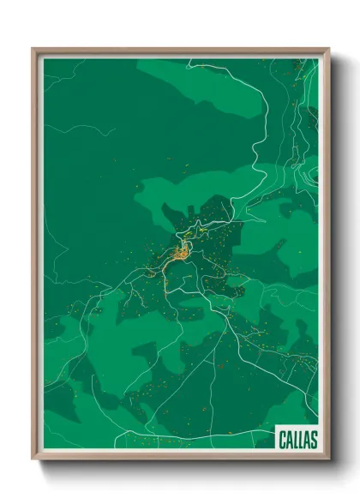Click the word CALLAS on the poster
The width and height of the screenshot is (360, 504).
point(297,440)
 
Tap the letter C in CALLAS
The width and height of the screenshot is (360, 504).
point(283,440)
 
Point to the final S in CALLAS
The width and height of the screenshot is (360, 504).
point(313,440)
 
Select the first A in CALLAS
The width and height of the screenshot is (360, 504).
point(289,440)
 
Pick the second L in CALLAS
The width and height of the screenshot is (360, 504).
point(301,440)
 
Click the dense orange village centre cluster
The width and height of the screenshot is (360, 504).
point(182,252)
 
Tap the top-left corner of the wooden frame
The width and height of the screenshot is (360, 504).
point(33,49)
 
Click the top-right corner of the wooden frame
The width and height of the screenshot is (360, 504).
point(328,49)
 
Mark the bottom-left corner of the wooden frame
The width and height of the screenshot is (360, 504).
point(33,460)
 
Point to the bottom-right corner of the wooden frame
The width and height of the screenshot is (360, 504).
point(328,460)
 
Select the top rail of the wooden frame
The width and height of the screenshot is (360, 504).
point(180,51)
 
